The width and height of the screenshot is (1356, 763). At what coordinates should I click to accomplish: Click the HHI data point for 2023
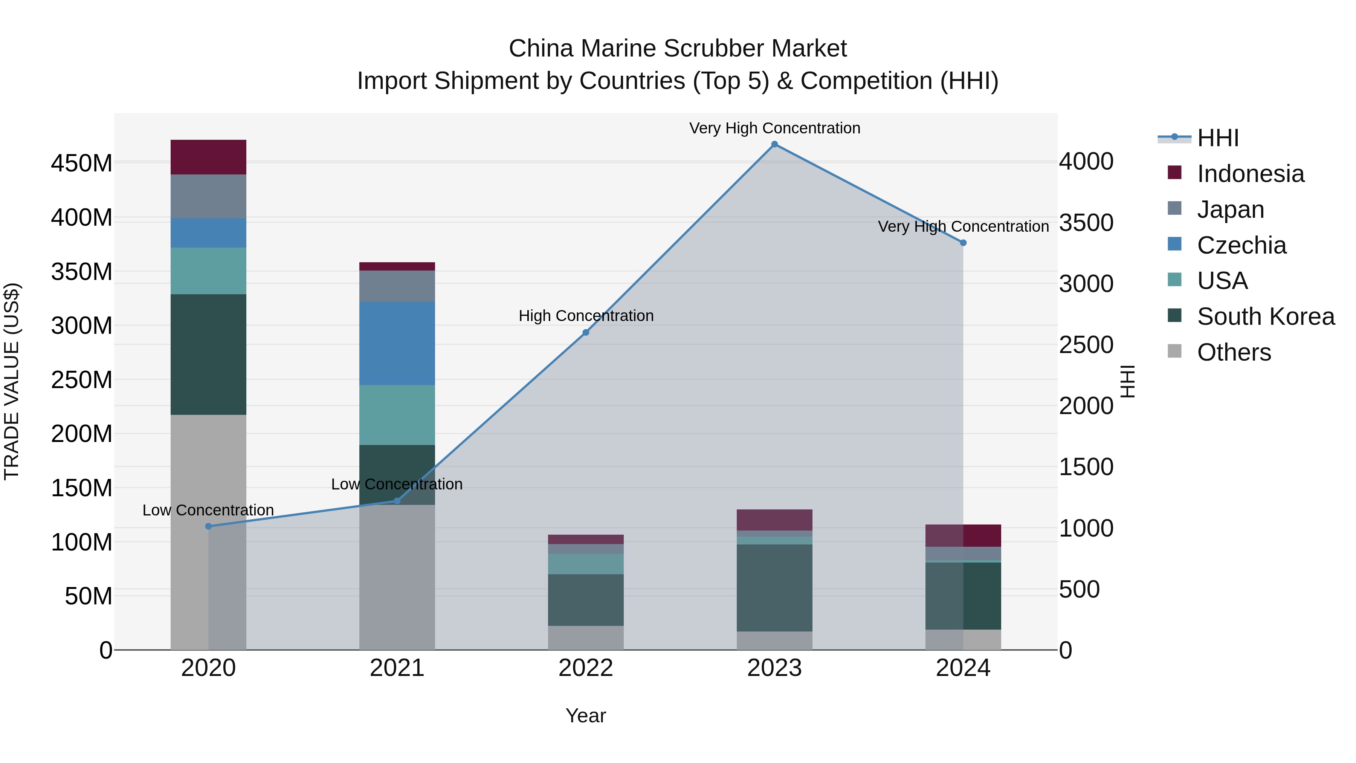(774, 144)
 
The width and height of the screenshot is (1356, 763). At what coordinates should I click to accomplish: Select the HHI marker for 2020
(208, 526)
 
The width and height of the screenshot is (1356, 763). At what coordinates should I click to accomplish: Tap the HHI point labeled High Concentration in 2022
(586, 332)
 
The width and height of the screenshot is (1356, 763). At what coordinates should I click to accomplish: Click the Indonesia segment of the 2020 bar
(208, 157)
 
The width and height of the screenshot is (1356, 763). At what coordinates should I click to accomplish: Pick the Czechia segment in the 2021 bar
(397, 343)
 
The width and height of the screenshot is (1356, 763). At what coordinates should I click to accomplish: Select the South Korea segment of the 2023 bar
(774, 588)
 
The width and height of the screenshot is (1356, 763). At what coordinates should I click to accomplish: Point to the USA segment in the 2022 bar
(586, 564)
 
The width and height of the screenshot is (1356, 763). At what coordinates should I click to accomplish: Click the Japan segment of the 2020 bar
(208, 196)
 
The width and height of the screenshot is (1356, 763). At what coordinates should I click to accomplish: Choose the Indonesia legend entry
(1250, 174)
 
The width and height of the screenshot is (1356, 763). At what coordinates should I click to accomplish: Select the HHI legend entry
(1217, 138)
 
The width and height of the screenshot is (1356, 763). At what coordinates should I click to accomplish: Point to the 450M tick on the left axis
(82, 163)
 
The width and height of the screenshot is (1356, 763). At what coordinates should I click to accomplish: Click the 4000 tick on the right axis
(1086, 161)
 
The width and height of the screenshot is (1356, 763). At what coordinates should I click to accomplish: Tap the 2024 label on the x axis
(963, 668)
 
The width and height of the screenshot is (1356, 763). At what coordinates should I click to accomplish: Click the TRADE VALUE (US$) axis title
(12, 381)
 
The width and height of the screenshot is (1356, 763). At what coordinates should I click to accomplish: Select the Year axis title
(585, 716)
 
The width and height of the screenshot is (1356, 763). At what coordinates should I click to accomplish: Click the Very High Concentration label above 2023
(774, 128)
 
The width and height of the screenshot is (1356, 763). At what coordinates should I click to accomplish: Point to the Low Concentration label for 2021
(397, 484)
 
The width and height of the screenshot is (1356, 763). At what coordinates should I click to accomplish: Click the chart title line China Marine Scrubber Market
(678, 49)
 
